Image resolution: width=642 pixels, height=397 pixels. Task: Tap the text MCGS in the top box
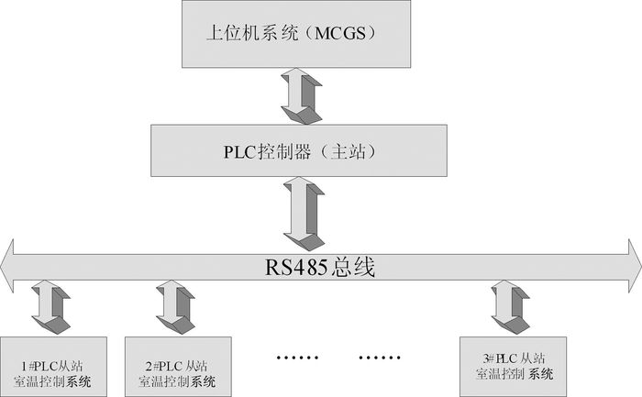point(346,37)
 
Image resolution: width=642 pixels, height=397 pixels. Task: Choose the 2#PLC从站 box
point(179,366)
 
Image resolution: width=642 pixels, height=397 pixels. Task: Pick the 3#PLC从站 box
point(513,366)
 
